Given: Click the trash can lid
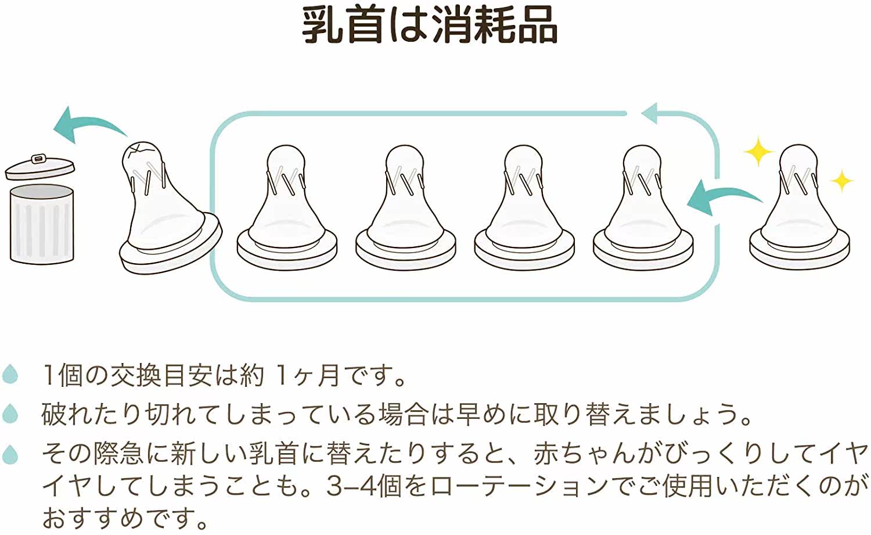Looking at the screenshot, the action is click(39, 166).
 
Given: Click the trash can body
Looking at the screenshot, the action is click(42, 224).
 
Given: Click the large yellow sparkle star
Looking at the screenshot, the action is click(759, 152).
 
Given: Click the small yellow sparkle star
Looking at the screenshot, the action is click(841, 181).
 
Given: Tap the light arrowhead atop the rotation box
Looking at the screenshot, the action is click(653, 113).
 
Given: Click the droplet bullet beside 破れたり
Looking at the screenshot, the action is click(10, 414).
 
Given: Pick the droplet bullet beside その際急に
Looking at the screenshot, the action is click(10, 454).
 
